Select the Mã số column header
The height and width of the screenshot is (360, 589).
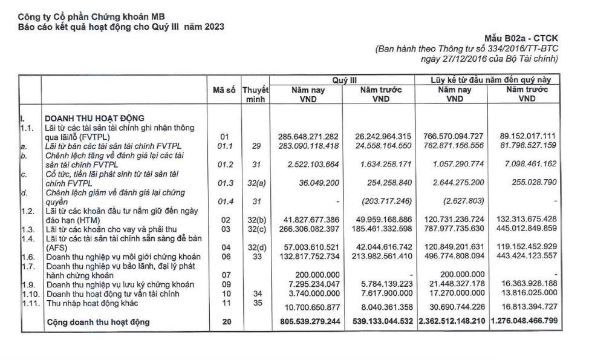[224, 90]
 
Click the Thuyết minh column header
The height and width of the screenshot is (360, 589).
[255, 94]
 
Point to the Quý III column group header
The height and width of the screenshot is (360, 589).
[343, 80]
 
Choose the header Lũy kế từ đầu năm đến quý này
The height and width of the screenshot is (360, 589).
[487, 80]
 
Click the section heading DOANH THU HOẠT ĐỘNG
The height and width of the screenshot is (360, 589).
[94, 118]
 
